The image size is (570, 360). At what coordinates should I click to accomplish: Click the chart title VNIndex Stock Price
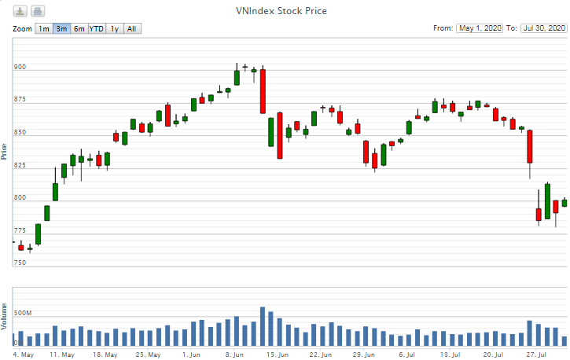pos(281,11)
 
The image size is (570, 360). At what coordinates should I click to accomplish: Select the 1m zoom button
pos(44,29)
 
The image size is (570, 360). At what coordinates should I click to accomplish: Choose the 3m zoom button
pos(61,29)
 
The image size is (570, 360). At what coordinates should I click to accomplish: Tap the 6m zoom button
pos(79,29)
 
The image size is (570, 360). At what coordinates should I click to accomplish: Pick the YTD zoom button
pos(97,29)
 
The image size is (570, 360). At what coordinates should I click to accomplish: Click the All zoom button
pos(132,29)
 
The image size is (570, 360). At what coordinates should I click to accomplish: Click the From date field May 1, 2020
pos(479,28)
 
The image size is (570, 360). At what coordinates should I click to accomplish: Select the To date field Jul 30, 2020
pos(544,28)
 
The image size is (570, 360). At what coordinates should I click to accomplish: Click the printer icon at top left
pos(38,11)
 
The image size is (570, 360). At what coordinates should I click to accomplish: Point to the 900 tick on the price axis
pos(20,68)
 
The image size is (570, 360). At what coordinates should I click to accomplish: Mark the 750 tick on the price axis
pos(20,263)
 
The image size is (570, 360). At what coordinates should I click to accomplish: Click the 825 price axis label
pos(20,166)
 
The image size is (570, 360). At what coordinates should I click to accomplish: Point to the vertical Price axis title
pos(6,152)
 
